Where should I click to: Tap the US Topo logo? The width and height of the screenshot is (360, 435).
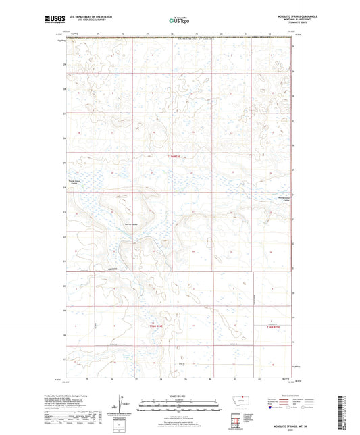[179, 21]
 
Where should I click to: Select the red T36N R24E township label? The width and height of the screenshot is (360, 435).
[156, 325]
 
